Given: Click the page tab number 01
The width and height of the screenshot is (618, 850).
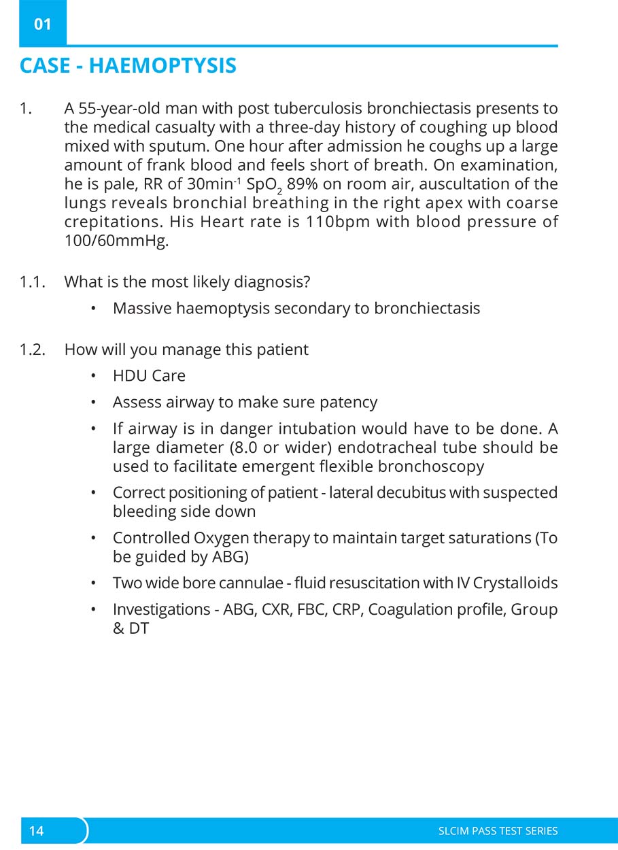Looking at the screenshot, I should pos(42,24).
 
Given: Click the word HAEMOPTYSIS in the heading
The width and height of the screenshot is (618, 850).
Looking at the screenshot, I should pos(162,66).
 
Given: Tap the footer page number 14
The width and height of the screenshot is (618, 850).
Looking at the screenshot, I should pos(36,831).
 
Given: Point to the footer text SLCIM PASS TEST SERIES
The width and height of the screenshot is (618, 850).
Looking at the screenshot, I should pos(498,831).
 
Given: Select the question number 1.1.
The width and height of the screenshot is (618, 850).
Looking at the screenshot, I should pos(32,282).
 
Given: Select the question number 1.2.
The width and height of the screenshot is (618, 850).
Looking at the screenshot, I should pos(32,350).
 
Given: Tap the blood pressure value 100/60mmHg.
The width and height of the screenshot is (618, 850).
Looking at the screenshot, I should pos(116,241).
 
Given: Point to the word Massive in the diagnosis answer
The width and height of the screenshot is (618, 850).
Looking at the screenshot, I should pos(141,308).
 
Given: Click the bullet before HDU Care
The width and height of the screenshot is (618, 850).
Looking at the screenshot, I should pos(94,376).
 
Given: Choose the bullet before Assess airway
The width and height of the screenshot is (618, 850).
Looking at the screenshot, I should pos(94,403).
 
